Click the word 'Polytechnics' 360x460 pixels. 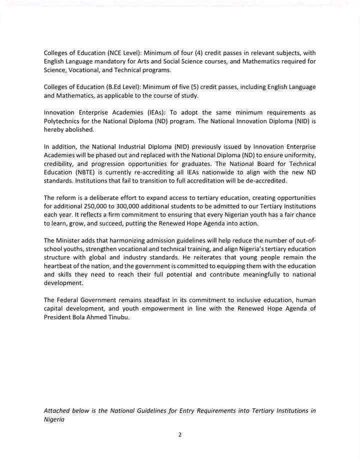click(x=61, y=121)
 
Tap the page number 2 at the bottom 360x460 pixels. click(x=179, y=434)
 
